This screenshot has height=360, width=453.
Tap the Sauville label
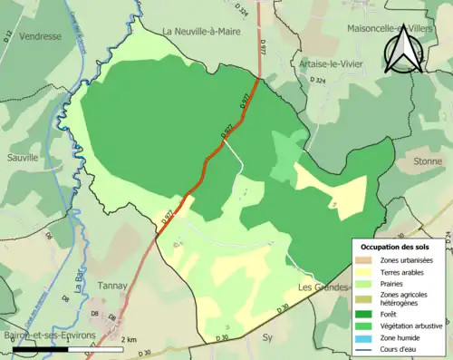[21, 157]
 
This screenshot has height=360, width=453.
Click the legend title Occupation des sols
[400, 247]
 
